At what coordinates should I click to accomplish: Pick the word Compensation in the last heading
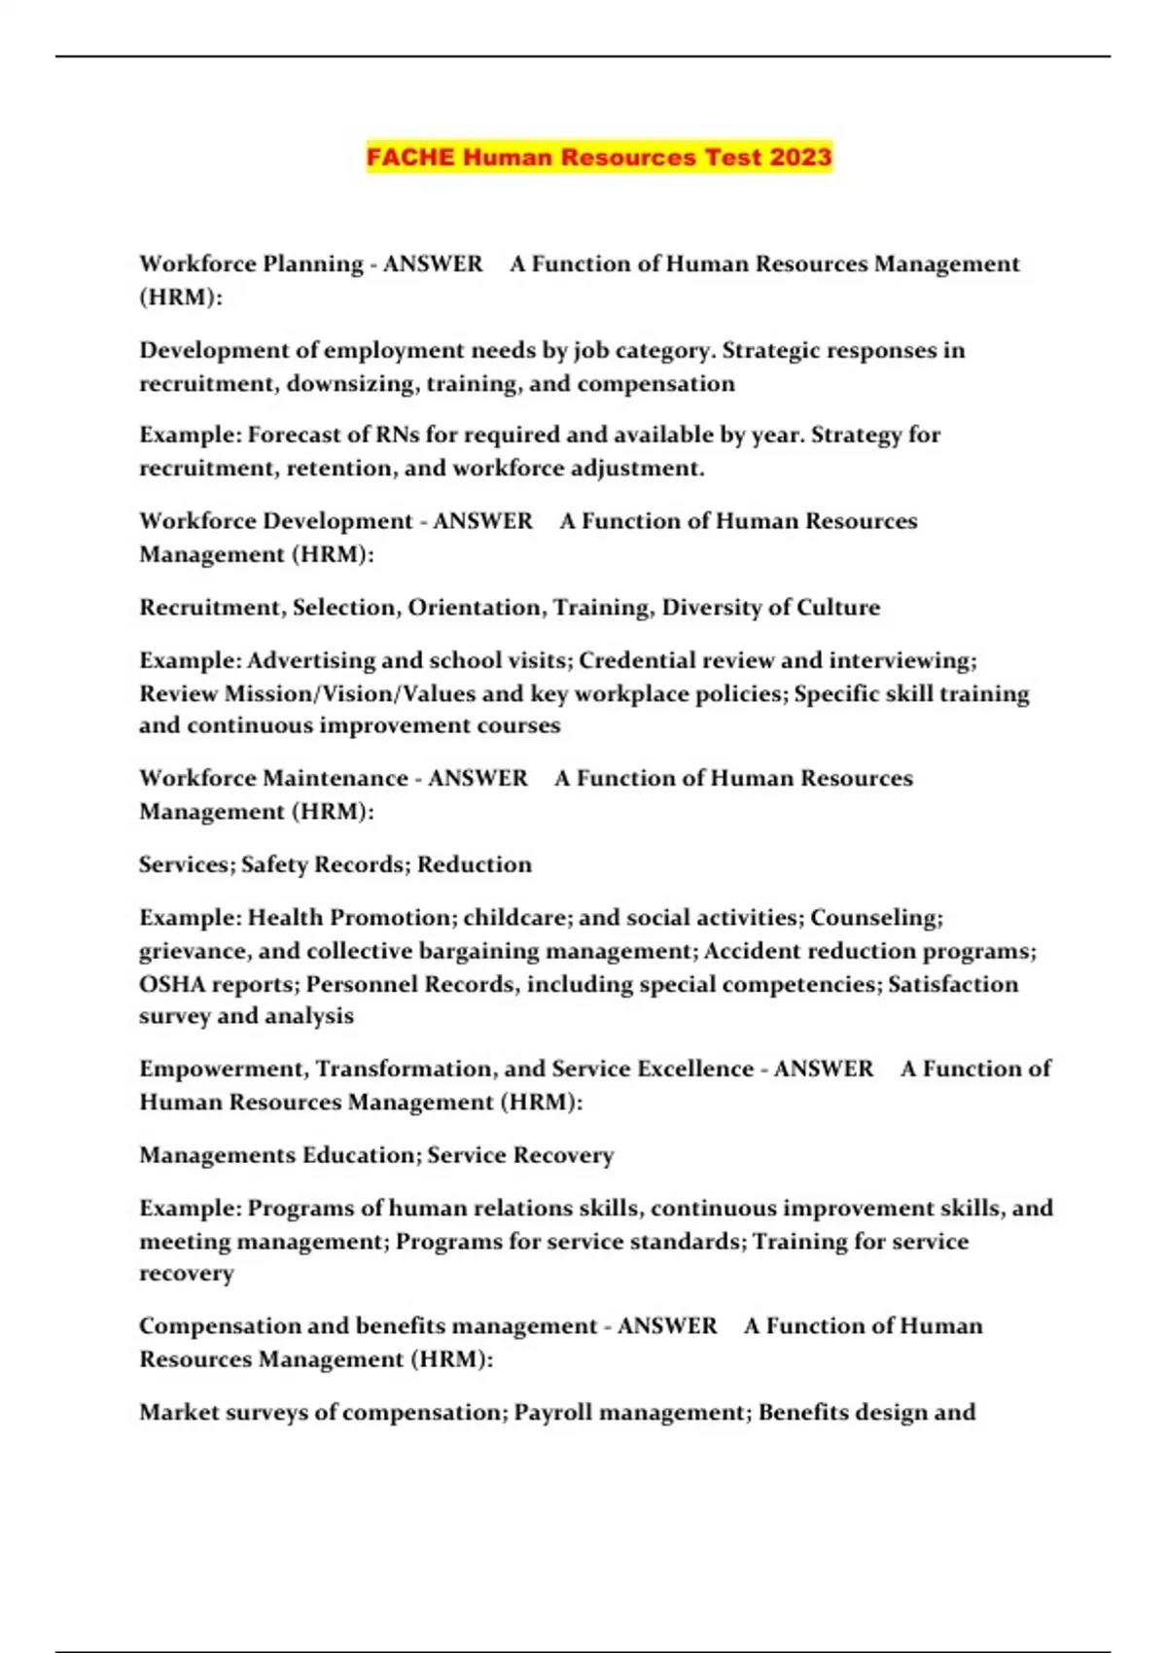pyautogui.click(x=220, y=1326)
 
